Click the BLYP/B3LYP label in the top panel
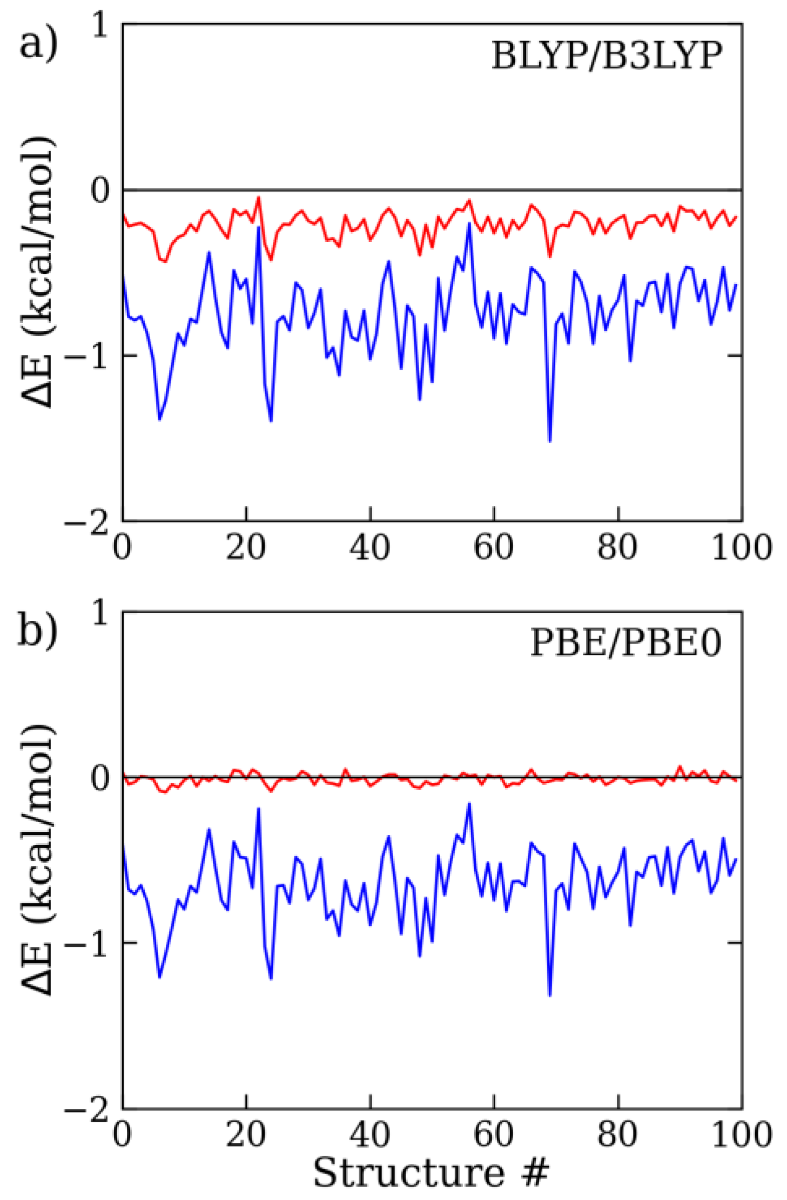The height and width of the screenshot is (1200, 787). (606, 56)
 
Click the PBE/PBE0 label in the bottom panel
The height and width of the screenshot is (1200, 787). (625, 643)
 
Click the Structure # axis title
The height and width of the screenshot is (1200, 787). (431, 1172)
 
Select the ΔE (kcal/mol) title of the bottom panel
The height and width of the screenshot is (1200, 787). (38, 858)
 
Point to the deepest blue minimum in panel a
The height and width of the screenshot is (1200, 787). (549, 442)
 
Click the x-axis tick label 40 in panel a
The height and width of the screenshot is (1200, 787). (369, 547)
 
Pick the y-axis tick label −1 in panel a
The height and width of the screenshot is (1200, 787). (86, 356)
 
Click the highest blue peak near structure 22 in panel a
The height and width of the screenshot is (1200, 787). (259, 227)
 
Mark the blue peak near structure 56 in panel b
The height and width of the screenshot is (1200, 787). (469, 804)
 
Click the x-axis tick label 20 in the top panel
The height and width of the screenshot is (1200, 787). (246, 547)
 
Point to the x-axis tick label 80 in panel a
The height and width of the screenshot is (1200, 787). (617, 547)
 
